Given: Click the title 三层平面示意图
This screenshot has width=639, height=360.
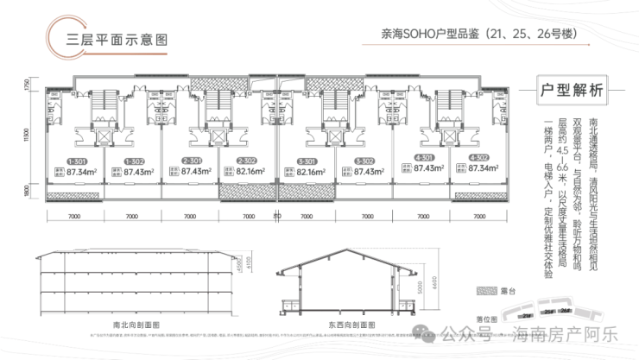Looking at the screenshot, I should (x=111, y=38).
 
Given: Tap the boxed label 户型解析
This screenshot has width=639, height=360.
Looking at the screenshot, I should (x=570, y=89).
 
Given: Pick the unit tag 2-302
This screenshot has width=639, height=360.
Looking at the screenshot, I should (x=247, y=161).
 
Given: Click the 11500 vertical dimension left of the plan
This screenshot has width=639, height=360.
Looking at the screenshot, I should (x=28, y=136).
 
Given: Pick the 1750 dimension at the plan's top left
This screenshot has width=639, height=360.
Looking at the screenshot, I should (x=28, y=86).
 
